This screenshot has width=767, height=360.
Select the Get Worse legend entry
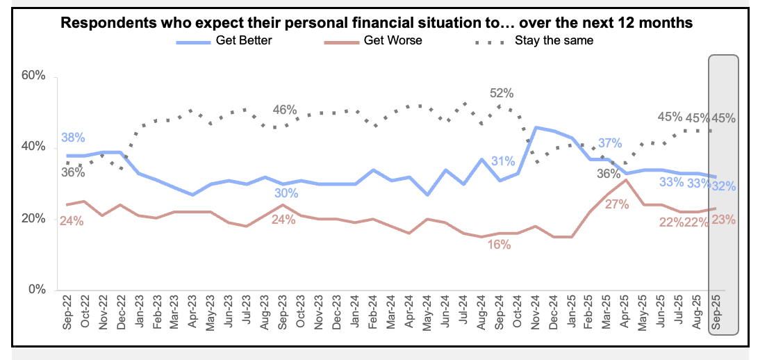coord(393,40)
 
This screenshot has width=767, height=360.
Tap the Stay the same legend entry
coord(553,40)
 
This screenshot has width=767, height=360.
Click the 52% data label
coord(501,93)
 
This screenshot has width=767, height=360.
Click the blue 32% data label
coord(723,186)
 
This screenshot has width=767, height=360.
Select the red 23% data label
coord(723,220)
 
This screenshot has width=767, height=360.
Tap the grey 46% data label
coord(285,110)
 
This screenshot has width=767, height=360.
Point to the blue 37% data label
coord(609,143)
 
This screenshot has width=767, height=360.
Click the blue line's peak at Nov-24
coord(536,127)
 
